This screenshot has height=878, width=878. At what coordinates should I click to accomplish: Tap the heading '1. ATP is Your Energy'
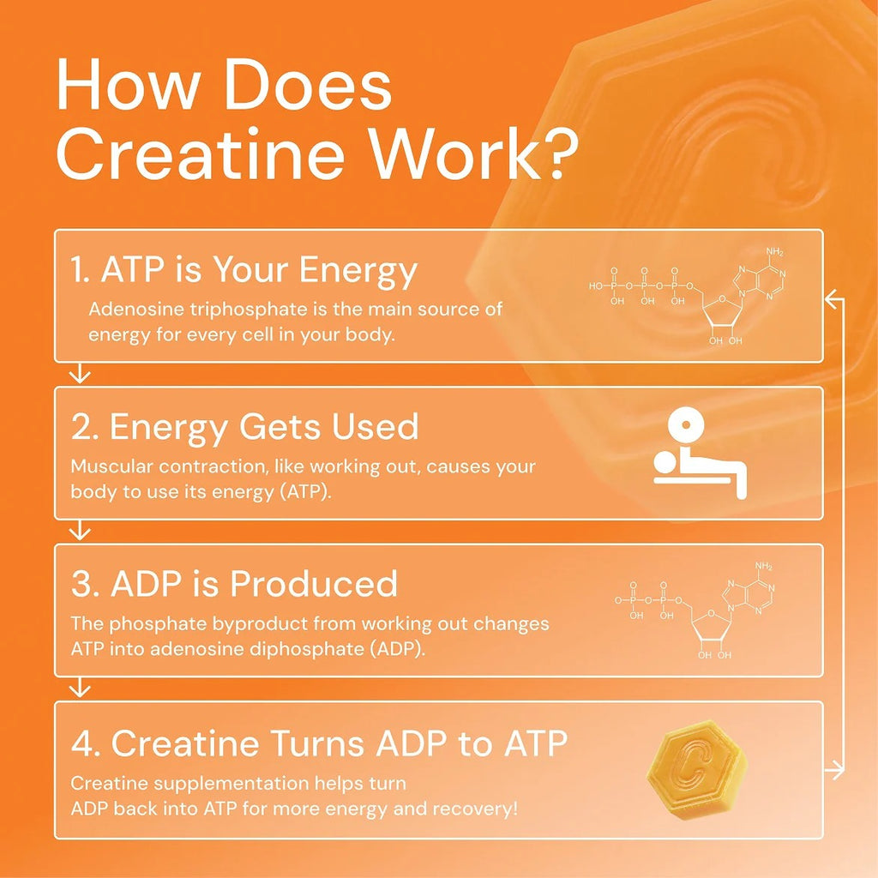pyautogui.click(x=244, y=271)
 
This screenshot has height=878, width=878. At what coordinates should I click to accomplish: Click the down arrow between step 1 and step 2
pyautogui.click(x=80, y=373)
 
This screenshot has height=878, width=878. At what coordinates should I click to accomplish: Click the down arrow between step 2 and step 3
pyautogui.click(x=80, y=531)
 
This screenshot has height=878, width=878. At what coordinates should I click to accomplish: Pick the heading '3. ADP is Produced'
pyautogui.click(x=234, y=585)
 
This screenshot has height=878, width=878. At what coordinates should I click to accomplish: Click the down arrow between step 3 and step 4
pyautogui.click(x=80, y=688)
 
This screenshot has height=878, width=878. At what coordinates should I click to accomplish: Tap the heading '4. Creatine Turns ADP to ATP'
pyautogui.click(x=319, y=743)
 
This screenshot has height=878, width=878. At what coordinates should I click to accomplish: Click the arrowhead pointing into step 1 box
pyautogui.click(x=832, y=298)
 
